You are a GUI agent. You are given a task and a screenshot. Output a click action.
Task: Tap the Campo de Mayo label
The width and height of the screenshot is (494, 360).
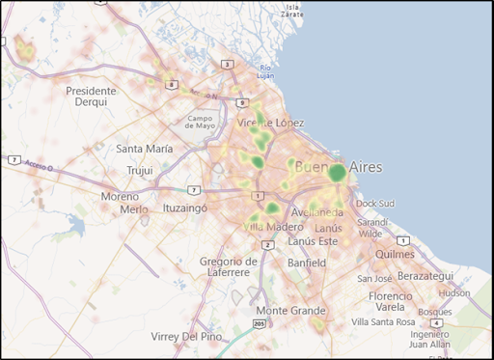(202, 122)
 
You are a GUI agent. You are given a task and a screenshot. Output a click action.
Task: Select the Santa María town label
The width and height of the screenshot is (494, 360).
(145, 149)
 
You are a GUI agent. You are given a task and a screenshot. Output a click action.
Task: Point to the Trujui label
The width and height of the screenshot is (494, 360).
(140, 171)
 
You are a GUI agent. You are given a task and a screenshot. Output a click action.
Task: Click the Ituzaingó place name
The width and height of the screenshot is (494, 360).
(185, 208)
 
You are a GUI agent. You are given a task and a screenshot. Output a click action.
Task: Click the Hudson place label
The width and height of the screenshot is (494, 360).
(453, 292)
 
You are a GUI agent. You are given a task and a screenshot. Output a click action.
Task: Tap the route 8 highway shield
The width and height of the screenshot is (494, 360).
(171, 85)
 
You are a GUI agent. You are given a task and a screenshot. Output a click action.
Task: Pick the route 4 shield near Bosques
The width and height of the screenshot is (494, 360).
(436, 323)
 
